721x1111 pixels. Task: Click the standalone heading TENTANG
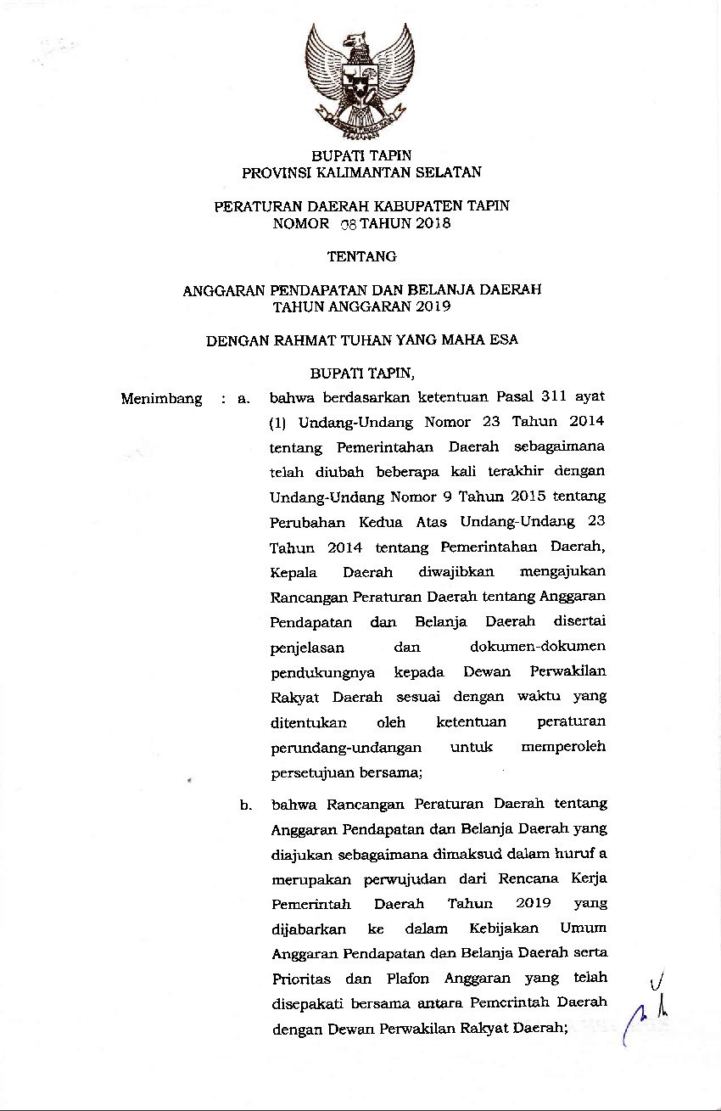pyautogui.click(x=360, y=255)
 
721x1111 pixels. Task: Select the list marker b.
pyautogui.click(x=244, y=803)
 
